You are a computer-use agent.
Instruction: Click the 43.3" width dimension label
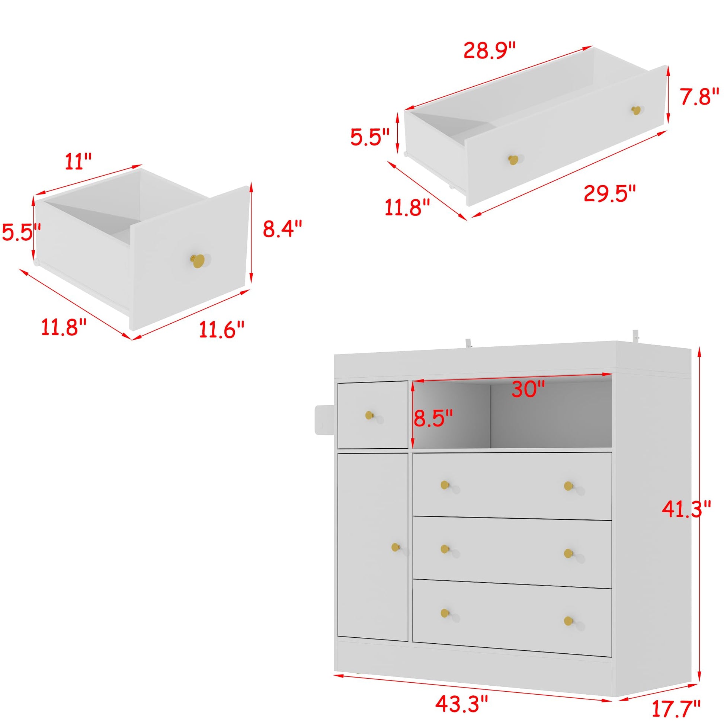(x=462, y=705)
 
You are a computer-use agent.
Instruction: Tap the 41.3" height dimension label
(x=686, y=509)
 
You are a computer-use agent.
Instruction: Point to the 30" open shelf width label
(x=528, y=390)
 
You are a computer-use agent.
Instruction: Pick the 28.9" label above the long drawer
(x=490, y=50)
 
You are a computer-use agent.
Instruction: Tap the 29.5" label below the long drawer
(x=610, y=193)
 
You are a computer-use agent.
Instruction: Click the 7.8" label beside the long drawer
(x=700, y=96)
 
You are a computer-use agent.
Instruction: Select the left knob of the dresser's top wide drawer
(x=445, y=485)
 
